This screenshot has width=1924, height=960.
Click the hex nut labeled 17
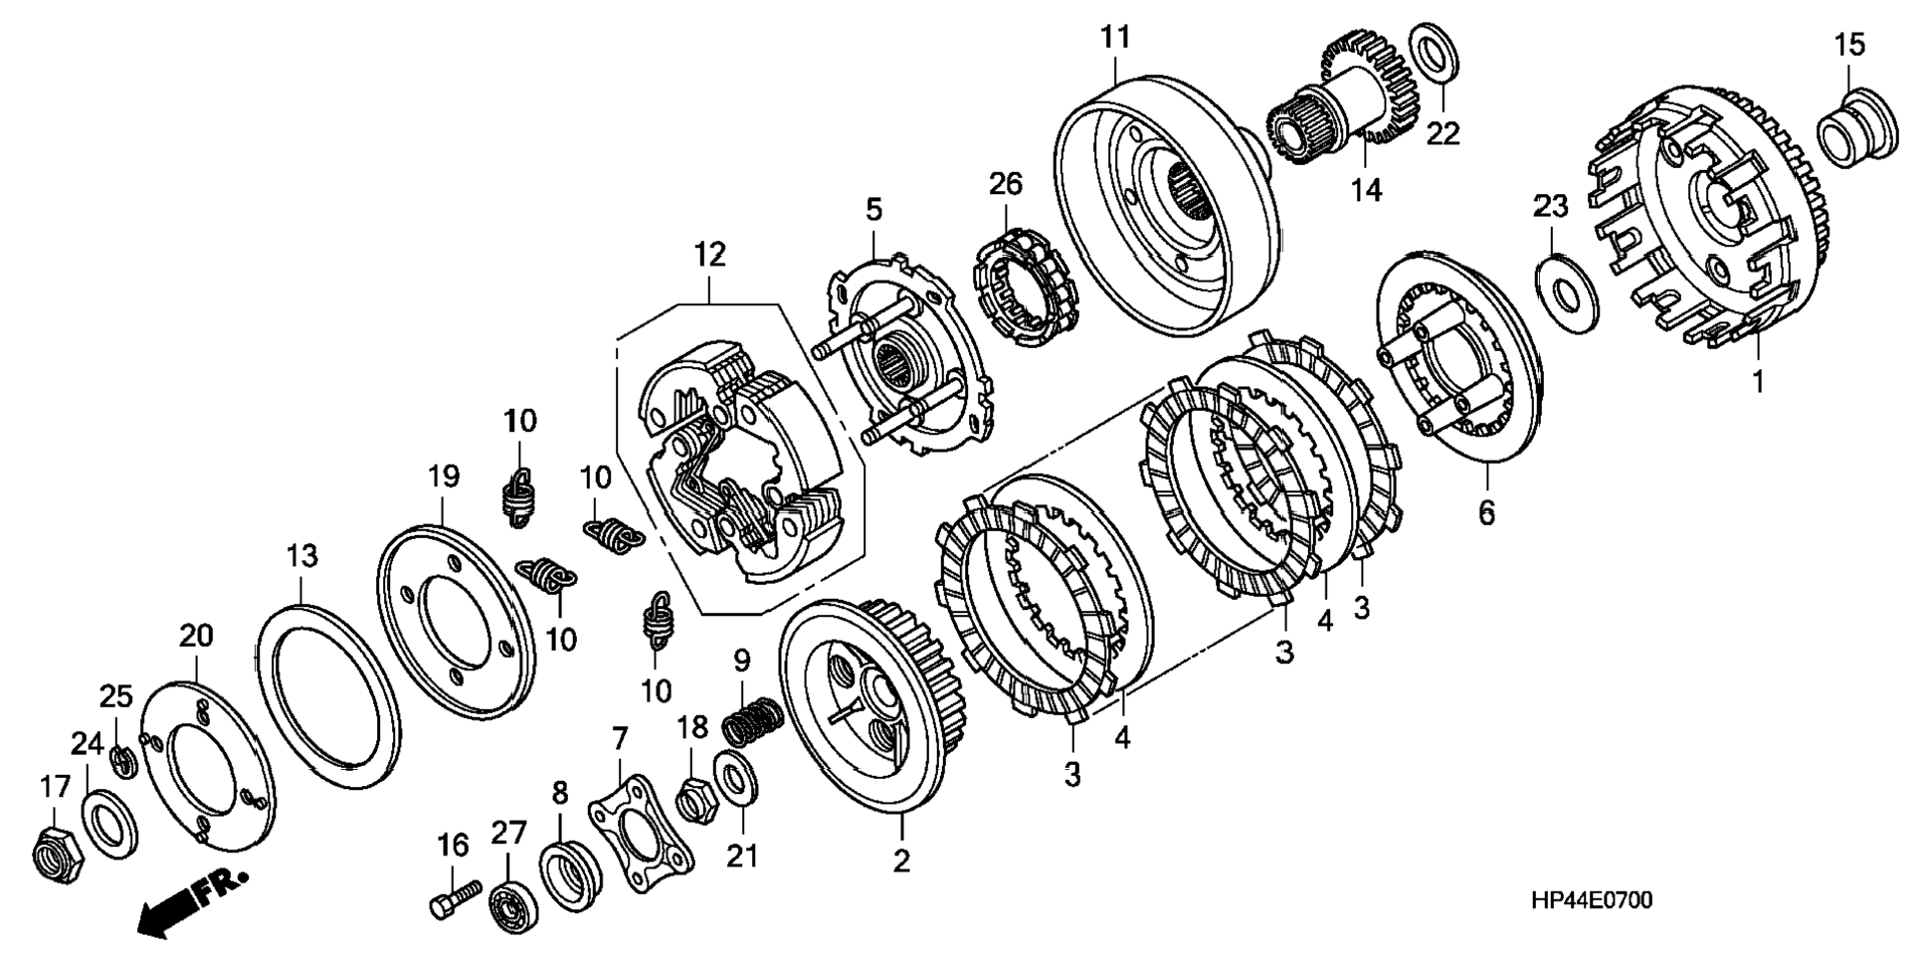tap(52, 853)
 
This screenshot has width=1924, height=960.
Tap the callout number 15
tap(1849, 46)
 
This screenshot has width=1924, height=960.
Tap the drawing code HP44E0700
tap(1592, 900)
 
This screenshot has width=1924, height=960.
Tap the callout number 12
tap(709, 255)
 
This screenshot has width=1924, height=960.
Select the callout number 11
tap(1115, 38)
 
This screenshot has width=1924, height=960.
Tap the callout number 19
tap(444, 477)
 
